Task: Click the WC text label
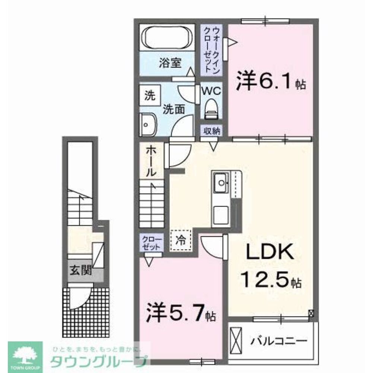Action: pos(211,91)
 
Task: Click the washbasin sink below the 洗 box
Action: pos(148,125)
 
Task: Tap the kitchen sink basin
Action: pos(221,182)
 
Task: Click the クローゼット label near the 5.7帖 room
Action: pos(151,242)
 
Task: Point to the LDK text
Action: pos(269,255)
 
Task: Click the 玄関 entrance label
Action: pos(80,270)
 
